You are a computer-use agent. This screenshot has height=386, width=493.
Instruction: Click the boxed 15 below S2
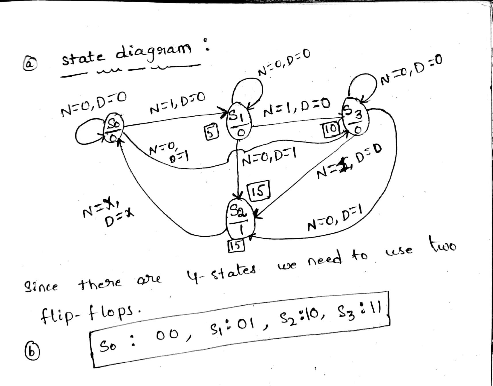[x=235, y=244]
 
